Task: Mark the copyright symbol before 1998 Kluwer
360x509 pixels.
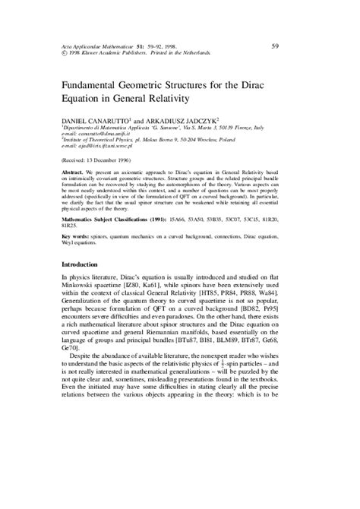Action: tap(64, 52)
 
